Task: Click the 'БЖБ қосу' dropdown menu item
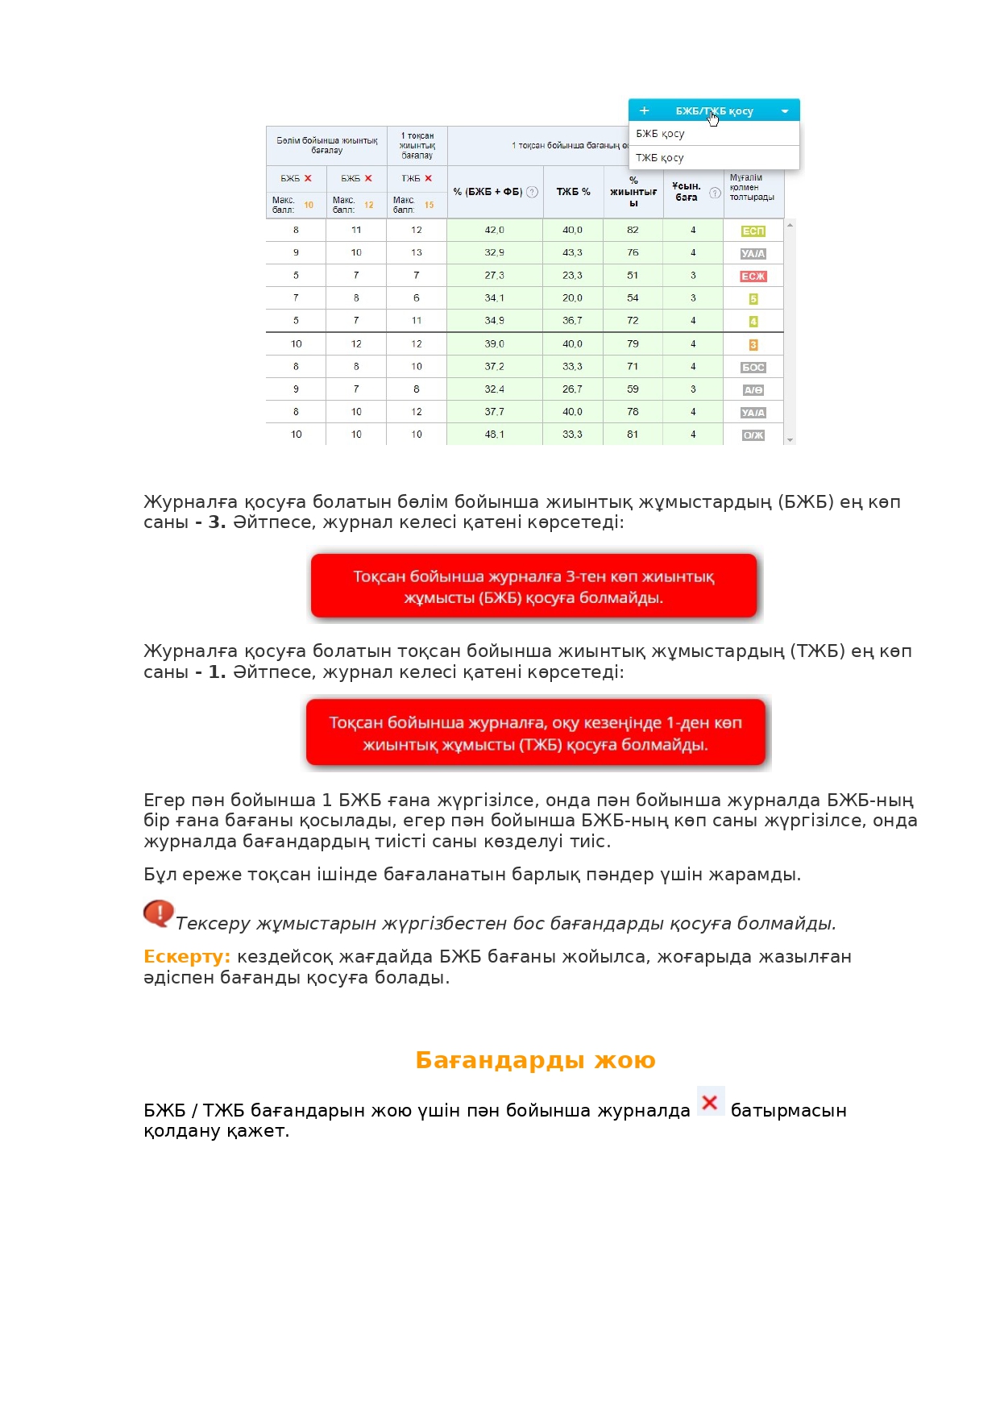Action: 661,134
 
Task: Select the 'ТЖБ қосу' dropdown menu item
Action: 660,158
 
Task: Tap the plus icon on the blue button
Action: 644,111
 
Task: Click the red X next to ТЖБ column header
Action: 429,178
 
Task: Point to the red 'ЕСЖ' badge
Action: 753,277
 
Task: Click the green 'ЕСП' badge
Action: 753,231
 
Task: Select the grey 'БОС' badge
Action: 753,368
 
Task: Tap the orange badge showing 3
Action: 753,345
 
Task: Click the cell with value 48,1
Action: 495,435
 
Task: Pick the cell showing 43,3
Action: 572,252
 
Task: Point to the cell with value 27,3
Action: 495,276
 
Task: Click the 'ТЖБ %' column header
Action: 573,192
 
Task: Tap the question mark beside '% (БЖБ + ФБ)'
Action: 532,192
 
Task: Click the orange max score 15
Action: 429,206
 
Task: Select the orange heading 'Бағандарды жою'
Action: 535,1060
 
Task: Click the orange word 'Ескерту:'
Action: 187,957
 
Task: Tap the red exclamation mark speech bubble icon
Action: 159,913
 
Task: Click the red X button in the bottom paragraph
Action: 710,1102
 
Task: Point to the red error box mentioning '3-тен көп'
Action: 533,587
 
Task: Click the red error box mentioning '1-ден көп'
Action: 536,733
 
